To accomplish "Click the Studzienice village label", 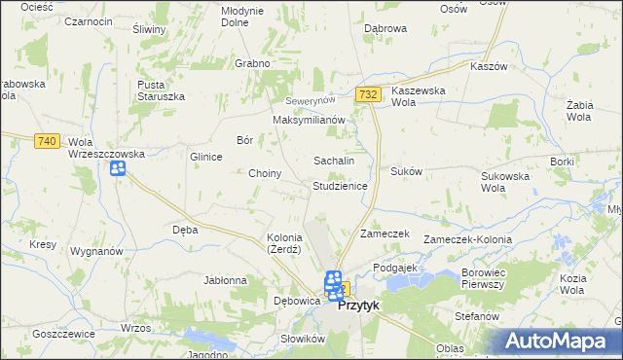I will tap(339, 186).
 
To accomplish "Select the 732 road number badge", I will tap(367, 94).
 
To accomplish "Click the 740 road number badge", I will tap(46, 141).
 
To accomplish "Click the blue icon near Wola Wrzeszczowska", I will tap(118, 169).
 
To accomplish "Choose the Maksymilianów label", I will tap(310, 120).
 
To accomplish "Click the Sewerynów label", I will tap(310, 101).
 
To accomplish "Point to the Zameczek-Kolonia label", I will tap(467, 236).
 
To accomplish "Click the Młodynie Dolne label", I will tap(242, 17).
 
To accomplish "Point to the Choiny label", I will tap(265, 174).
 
